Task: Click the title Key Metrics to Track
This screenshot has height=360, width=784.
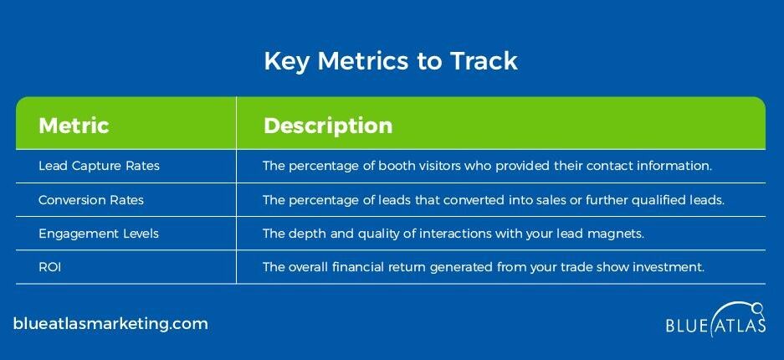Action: [x=391, y=61]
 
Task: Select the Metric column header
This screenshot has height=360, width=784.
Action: [x=74, y=125]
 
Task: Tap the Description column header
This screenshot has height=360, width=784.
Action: [x=328, y=126]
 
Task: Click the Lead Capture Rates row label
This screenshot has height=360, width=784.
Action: [x=99, y=166]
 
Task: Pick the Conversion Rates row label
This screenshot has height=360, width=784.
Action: [x=91, y=200]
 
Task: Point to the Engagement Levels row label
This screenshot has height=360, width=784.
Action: [x=99, y=234]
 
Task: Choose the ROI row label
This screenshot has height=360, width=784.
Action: [x=49, y=268]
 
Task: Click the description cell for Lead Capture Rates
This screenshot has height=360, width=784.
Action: [x=487, y=166]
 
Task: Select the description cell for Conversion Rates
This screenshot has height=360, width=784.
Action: [x=494, y=200]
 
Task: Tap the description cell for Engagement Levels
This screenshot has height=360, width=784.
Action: [x=453, y=234]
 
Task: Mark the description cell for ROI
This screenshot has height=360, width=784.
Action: [x=484, y=268]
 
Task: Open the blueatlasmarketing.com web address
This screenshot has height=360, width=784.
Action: [x=110, y=323]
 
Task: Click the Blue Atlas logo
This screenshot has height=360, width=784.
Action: [x=715, y=320]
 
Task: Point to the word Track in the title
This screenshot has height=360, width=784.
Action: [x=484, y=61]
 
